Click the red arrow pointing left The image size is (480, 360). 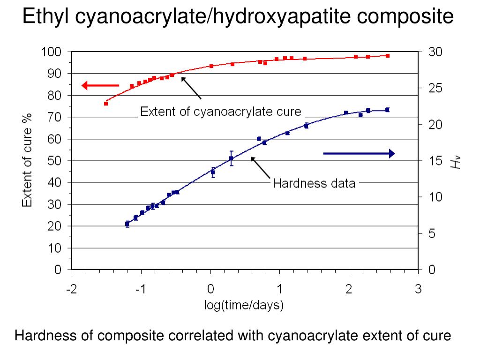(x=100, y=85)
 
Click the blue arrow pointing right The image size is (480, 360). (x=359, y=153)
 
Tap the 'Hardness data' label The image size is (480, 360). (x=314, y=183)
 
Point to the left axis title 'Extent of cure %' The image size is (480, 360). (x=28, y=160)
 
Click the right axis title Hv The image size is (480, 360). (x=456, y=162)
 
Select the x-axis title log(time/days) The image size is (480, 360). (x=244, y=306)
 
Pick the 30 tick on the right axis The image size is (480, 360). (x=435, y=52)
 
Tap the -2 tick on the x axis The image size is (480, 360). (x=71, y=290)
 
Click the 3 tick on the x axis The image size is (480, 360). (x=418, y=290)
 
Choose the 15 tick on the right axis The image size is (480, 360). (x=435, y=161)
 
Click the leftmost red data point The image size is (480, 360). (x=106, y=103)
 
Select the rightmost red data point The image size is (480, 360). (x=388, y=55)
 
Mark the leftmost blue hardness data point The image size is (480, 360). (x=127, y=224)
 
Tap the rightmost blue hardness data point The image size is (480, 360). (x=388, y=110)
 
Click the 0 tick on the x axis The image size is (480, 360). (x=210, y=290)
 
